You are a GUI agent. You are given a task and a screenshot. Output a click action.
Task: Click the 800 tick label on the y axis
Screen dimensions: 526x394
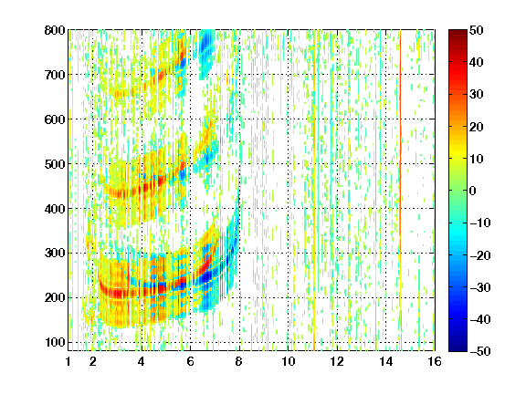(55, 30)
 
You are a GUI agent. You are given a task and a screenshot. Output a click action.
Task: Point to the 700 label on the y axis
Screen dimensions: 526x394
(55, 75)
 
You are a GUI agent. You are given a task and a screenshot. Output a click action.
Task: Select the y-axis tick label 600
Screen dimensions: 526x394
(55, 119)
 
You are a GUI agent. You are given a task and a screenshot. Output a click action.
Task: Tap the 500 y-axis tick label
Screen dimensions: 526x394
(55, 164)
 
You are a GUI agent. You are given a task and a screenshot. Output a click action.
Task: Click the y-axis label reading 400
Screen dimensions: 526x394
(55, 209)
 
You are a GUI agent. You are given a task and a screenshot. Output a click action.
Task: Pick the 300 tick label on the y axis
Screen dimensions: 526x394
(55, 253)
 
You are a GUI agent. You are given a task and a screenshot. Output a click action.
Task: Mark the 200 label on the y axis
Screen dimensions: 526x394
(55, 297)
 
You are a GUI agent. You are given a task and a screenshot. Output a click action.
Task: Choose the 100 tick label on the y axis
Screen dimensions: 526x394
(55, 342)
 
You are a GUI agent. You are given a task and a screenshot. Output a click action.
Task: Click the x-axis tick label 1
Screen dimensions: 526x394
(68, 361)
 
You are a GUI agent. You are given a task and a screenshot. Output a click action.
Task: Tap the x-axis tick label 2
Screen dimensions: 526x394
(93, 361)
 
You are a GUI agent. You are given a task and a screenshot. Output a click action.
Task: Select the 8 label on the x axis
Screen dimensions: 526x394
(239, 361)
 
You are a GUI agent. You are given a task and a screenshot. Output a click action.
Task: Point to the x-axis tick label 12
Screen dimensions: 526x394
(337, 361)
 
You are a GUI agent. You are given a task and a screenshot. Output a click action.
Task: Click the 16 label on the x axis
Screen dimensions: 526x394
(435, 361)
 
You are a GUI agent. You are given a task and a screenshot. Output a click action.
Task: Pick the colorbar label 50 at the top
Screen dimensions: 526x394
(477, 30)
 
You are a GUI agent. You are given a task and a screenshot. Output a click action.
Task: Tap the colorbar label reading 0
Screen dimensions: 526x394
(473, 191)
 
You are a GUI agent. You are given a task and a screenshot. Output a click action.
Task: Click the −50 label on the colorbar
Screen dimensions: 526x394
(480, 351)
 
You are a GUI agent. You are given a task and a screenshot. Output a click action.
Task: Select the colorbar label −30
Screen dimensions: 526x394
(480, 287)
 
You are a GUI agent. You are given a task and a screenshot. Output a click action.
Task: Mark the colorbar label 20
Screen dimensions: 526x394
(477, 127)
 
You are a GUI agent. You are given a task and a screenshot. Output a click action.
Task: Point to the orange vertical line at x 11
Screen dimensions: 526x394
(314, 191)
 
